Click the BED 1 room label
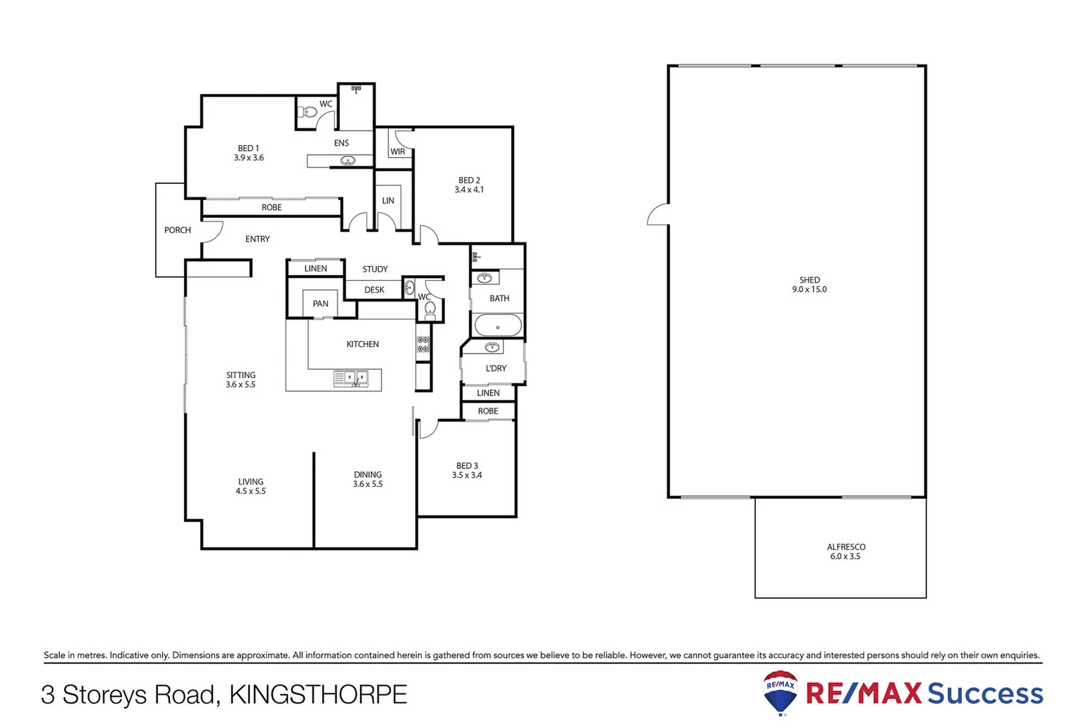pyautogui.click(x=248, y=148)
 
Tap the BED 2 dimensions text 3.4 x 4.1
pyautogui.click(x=469, y=190)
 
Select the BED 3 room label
pyautogui.click(x=467, y=466)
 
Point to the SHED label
pyautogui.click(x=810, y=280)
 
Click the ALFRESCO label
pyautogui.click(x=846, y=547)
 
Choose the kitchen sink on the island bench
pyautogui.click(x=351, y=379)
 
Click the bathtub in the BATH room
pyautogui.click(x=498, y=327)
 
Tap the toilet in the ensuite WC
pyautogui.click(x=308, y=112)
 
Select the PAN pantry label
pyautogui.click(x=320, y=304)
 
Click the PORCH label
pyautogui.click(x=177, y=230)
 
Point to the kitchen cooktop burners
pyautogui.click(x=423, y=344)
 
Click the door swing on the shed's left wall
pyautogui.click(x=658, y=215)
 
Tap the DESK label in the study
pyautogui.click(x=374, y=290)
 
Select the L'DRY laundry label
pyautogui.click(x=496, y=369)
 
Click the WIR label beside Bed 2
pyautogui.click(x=398, y=152)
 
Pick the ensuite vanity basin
pyautogui.click(x=348, y=160)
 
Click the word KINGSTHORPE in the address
pyautogui.click(x=318, y=695)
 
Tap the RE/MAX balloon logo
pyautogui.click(x=780, y=691)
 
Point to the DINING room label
pyautogui.click(x=367, y=475)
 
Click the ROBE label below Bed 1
pyautogui.click(x=271, y=207)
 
